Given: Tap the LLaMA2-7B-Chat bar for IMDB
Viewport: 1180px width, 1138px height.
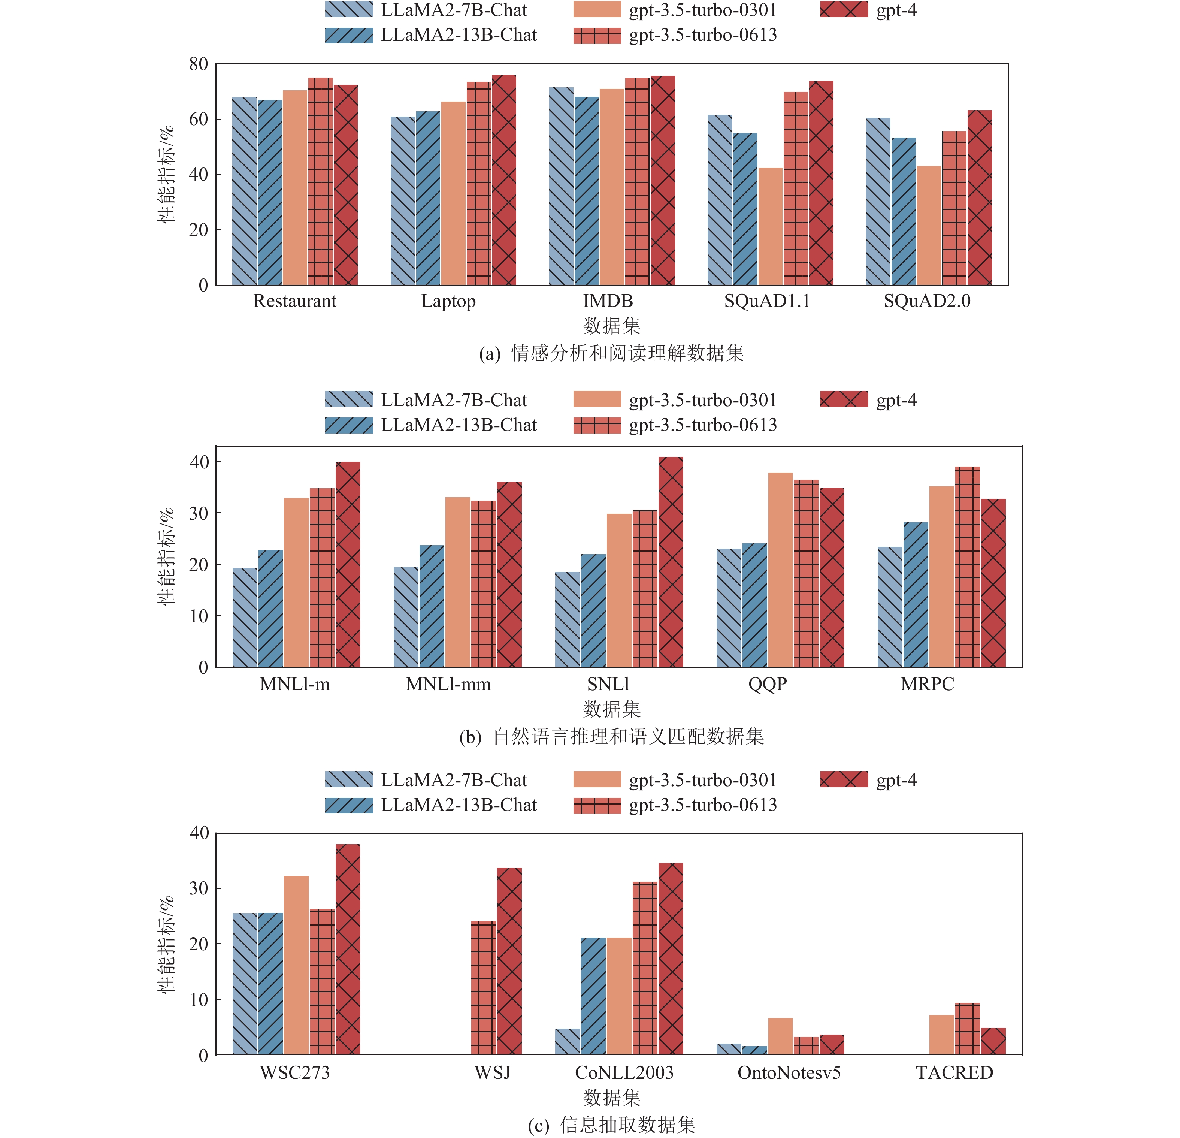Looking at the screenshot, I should click(x=561, y=186).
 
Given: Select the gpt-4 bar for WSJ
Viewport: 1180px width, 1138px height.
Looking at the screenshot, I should click(x=509, y=961).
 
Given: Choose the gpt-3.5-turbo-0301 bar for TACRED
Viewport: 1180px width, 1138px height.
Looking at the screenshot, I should click(x=942, y=1035).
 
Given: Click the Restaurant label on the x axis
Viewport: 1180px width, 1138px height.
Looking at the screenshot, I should click(x=294, y=301).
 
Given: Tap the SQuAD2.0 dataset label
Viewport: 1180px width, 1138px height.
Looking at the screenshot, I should click(x=927, y=301).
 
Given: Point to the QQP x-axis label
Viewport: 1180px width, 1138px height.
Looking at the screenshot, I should click(x=768, y=685).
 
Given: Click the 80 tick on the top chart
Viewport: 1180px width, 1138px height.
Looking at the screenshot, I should click(x=199, y=64).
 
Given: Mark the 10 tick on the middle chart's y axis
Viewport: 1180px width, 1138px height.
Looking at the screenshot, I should click(x=199, y=616).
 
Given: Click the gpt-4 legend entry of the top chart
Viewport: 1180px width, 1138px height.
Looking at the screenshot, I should click(x=868, y=10).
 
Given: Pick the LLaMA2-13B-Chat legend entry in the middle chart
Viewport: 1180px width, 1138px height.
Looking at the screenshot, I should click(x=430, y=425).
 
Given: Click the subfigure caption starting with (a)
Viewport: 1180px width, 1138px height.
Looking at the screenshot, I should click(x=611, y=353).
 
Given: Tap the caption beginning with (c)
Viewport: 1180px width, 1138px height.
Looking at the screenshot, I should click(x=611, y=1125).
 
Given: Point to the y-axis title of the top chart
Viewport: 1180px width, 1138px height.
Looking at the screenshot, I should click(x=166, y=175).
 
